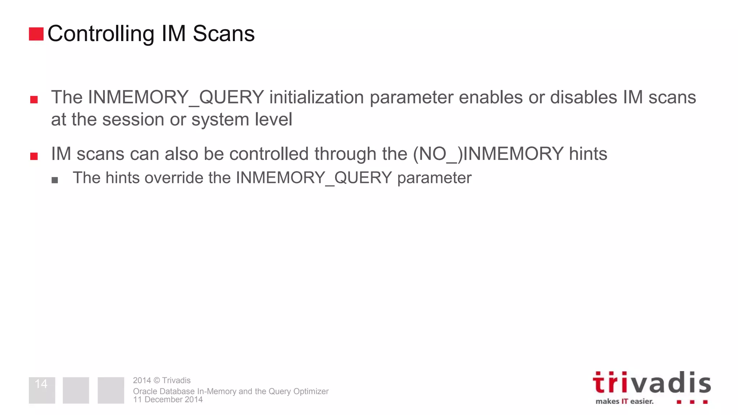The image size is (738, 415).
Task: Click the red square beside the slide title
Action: pyautogui.click(x=36, y=34)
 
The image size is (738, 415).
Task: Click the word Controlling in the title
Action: pyautogui.click(x=101, y=34)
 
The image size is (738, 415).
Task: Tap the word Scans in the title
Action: pyautogui.click(x=223, y=34)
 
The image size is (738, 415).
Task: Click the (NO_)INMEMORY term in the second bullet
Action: pyautogui.click(x=488, y=154)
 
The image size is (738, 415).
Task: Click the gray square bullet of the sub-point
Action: pyautogui.click(x=55, y=180)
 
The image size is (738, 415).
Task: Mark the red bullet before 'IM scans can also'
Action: pyautogui.click(x=34, y=156)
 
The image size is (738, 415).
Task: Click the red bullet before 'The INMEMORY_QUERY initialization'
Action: pyautogui.click(x=34, y=100)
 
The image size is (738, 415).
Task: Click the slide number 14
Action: pyautogui.click(x=41, y=384)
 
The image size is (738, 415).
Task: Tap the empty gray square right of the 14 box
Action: pyautogui.click(x=76, y=390)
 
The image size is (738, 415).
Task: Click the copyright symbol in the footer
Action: pyautogui.click(x=156, y=380)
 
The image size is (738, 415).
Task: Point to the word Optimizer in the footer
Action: pyautogui.click(x=311, y=391)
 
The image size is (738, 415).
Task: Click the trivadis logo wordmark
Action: pyautogui.click(x=652, y=383)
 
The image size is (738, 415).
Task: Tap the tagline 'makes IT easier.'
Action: pyautogui.click(x=624, y=401)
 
